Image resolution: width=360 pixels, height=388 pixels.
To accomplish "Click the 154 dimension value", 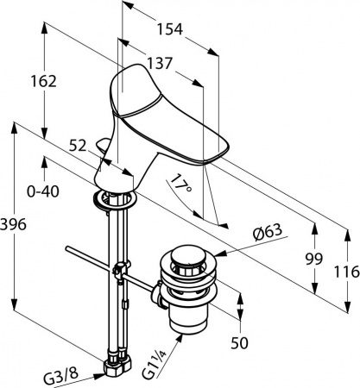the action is pyautogui.click(x=170, y=29).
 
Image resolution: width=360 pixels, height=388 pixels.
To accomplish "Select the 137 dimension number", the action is pyautogui.click(x=160, y=63).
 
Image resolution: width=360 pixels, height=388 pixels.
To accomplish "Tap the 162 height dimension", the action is pyautogui.click(x=44, y=81).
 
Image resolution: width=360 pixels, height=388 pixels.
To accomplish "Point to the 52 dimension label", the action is pyautogui.click(x=78, y=146).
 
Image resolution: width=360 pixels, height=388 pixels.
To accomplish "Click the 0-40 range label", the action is pyautogui.click(x=43, y=191).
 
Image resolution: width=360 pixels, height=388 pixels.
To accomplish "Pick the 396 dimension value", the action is pyautogui.click(x=13, y=224).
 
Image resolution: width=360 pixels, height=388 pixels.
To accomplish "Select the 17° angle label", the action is pyautogui.click(x=180, y=185).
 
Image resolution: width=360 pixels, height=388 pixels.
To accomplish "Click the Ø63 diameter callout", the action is pyautogui.click(x=268, y=231).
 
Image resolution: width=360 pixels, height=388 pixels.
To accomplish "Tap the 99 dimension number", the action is pyautogui.click(x=314, y=260).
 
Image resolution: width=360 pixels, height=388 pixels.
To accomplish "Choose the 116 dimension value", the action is pyautogui.click(x=347, y=272).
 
